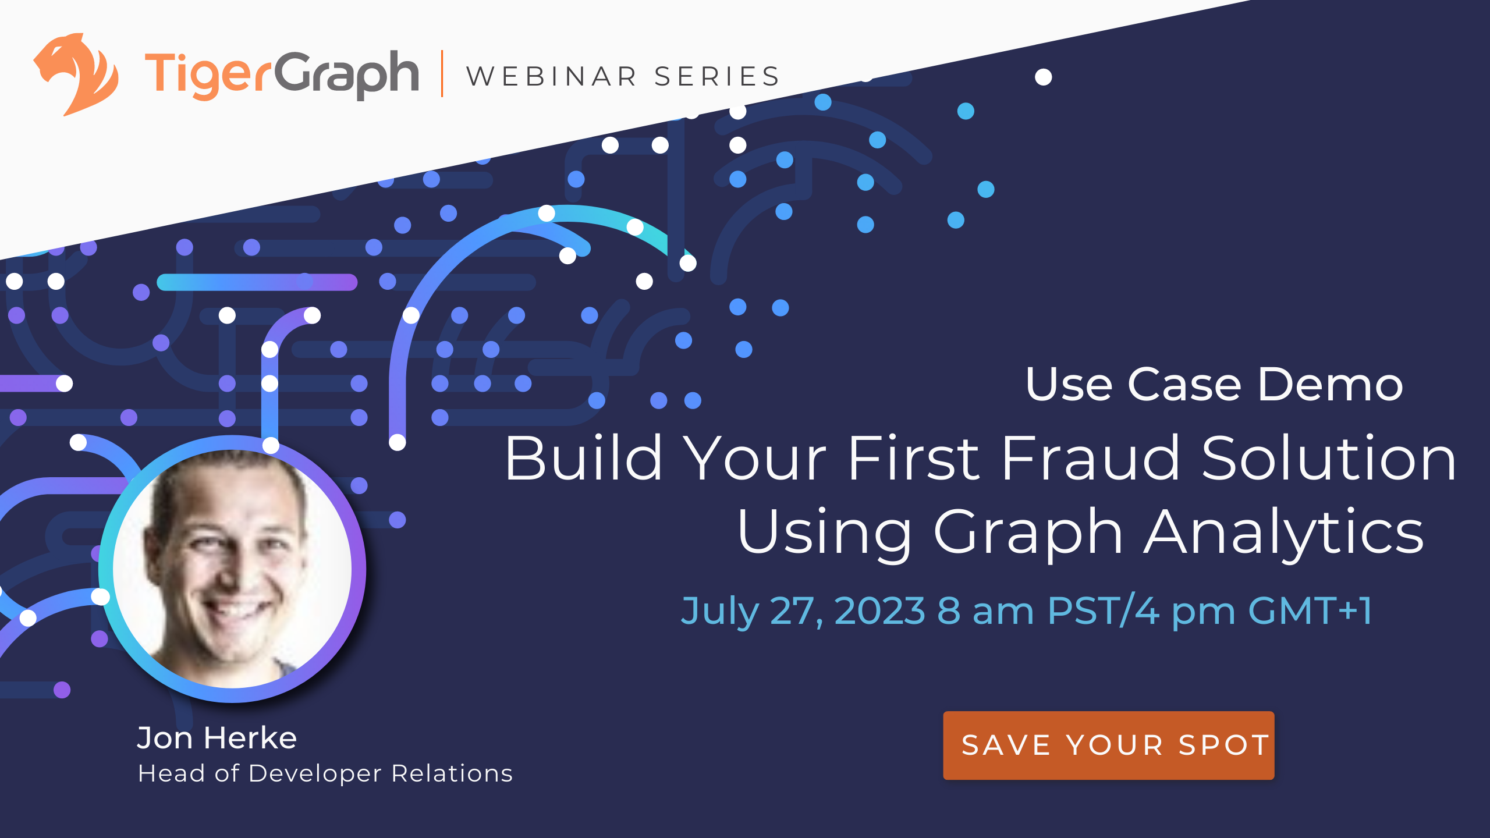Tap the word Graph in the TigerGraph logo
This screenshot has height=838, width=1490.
pyautogui.click(x=346, y=74)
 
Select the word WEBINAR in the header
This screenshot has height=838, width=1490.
pyautogui.click(x=552, y=77)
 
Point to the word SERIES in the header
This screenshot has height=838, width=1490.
pyautogui.click(x=717, y=77)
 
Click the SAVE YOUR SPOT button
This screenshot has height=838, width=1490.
pyautogui.click(x=1108, y=745)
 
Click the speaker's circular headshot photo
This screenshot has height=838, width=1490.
pyautogui.click(x=233, y=569)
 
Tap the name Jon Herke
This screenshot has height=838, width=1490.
pyautogui.click(x=217, y=738)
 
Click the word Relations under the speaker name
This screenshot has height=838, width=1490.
pyautogui.click(x=452, y=773)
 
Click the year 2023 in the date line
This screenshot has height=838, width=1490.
pyautogui.click(x=879, y=611)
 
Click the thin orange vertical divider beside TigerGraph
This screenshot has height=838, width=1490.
pyautogui.click(x=442, y=74)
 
